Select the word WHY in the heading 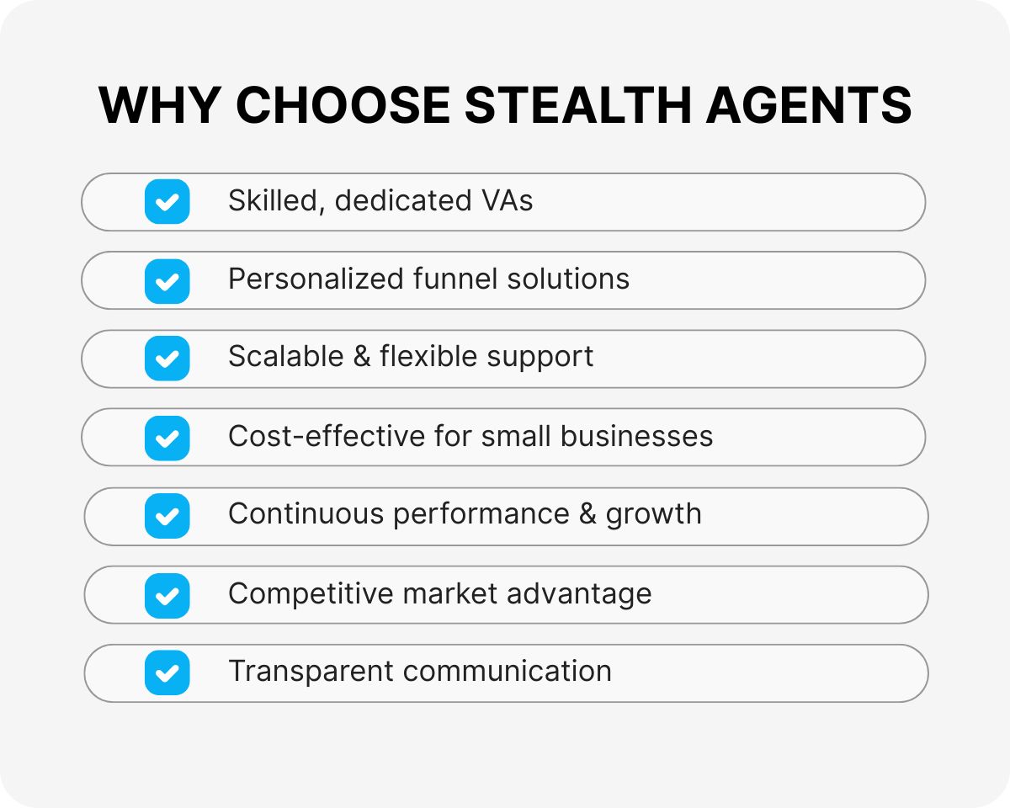coord(159,106)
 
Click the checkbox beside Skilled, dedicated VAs coord(167,202)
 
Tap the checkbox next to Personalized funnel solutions coord(167,280)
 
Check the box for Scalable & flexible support coord(167,359)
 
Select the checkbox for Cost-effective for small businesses coord(167,438)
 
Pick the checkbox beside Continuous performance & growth coord(167,516)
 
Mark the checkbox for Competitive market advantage coord(167,595)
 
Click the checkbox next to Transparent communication coord(167,672)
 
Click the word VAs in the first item coord(508,201)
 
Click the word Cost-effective coord(327,436)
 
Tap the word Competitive coord(311,593)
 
